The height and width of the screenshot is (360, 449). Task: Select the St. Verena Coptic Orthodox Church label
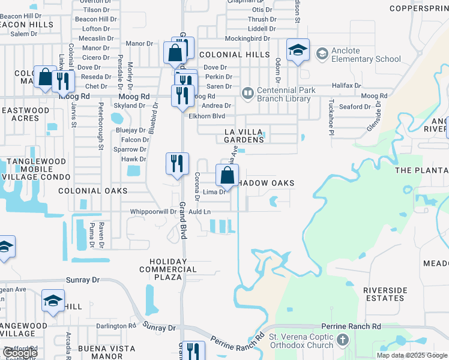(301, 340)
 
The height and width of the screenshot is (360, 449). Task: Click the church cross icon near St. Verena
(343, 340)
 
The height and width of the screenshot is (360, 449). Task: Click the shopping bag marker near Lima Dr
(227, 176)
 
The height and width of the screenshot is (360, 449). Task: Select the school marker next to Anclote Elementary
(297, 50)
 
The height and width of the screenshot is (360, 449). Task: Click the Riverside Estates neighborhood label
(384, 294)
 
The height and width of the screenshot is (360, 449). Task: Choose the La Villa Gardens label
(244, 136)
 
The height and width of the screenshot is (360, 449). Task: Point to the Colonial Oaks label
(93, 191)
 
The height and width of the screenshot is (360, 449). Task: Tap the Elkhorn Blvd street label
(206, 116)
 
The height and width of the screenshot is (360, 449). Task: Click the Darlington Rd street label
(116, 326)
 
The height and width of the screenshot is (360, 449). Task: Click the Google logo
(19, 353)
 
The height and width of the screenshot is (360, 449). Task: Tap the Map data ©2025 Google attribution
(412, 355)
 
